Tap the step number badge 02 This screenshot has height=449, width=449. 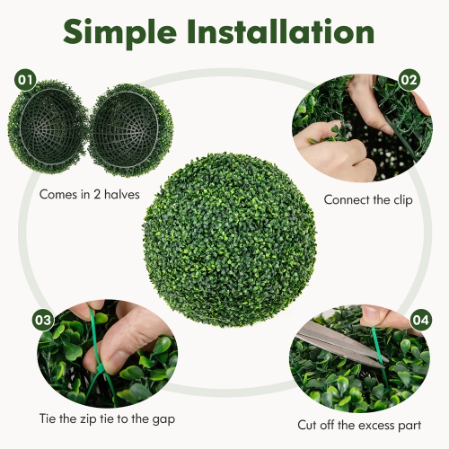(x=409, y=80)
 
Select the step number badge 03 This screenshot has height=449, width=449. (x=43, y=319)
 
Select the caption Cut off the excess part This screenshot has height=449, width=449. (x=360, y=423)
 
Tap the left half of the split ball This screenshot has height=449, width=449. (x=48, y=125)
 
